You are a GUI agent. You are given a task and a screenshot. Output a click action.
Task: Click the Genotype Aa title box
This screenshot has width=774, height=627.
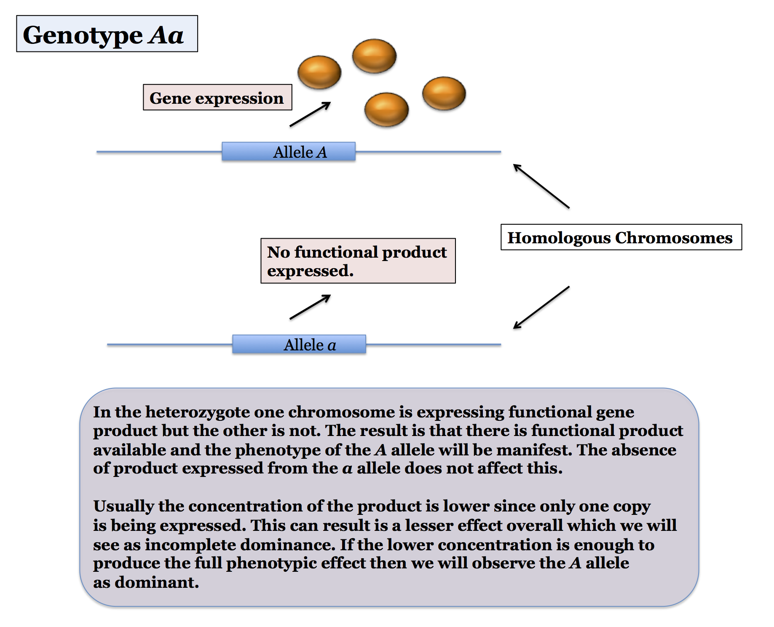107,34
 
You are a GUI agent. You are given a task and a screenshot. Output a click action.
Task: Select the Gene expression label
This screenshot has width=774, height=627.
217,97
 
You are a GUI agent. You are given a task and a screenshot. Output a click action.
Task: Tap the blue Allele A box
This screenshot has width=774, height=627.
289,151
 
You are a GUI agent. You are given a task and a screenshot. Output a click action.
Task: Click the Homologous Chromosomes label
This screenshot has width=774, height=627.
621,237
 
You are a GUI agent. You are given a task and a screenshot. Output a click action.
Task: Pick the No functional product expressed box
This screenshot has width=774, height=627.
358,261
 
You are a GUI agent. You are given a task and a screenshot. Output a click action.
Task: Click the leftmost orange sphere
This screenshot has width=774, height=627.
319,72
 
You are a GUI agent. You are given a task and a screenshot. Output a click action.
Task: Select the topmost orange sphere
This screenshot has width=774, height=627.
374,56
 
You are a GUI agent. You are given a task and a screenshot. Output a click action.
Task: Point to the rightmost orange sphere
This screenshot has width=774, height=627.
444,93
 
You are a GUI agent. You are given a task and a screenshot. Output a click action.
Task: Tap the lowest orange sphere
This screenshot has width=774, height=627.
386,110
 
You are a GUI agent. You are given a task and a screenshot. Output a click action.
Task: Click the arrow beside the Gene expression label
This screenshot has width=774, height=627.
310,114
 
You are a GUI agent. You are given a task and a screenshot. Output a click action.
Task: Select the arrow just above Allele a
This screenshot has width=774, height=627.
310,307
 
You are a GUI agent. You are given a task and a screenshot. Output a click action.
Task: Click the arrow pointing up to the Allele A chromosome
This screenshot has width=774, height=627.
541,186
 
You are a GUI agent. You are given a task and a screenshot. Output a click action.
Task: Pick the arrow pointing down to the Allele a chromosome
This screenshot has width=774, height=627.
541,307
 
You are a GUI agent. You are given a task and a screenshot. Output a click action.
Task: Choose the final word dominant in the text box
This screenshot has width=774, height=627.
156,582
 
